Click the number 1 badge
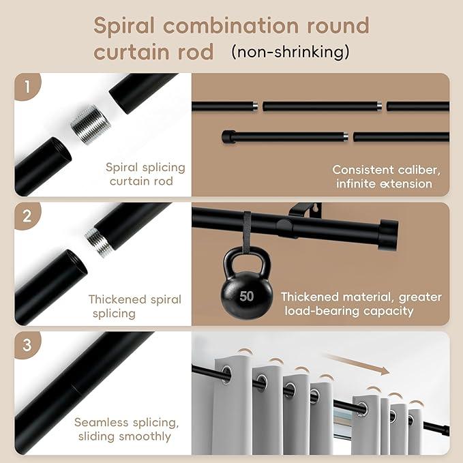pyautogui.click(x=27, y=87)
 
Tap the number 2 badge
pyautogui.click(x=27, y=216)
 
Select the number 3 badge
pyautogui.click(x=27, y=345)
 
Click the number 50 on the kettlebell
pyautogui.click(x=247, y=296)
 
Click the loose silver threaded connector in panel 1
pyautogui.click(x=91, y=125)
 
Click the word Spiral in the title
pyautogui.click(x=124, y=26)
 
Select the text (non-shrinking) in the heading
pyautogui.click(x=290, y=51)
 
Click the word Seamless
pyautogui.click(x=101, y=422)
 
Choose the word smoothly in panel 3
pyautogui.click(x=145, y=436)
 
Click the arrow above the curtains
pyautogui.click(x=357, y=363)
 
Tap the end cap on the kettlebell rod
pyautogui.click(x=388, y=235)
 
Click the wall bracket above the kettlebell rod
pyautogui.click(x=305, y=209)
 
